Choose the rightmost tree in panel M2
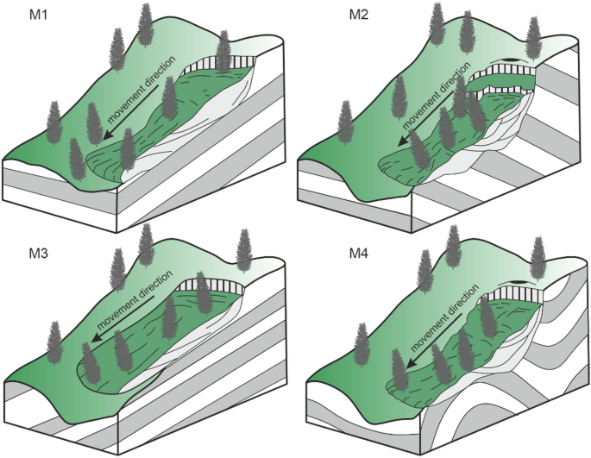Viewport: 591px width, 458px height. [534, 39]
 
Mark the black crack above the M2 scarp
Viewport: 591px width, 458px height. [512, 61]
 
